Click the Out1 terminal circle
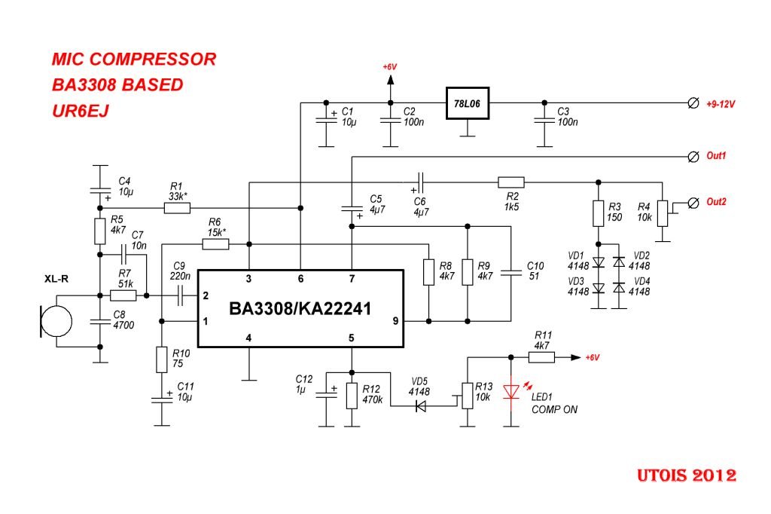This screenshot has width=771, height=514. coord(694,156)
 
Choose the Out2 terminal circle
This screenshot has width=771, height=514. coord(694,202)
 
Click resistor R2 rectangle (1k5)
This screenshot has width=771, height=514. coord(511,182)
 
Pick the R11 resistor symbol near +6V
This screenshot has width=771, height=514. coord(541,357)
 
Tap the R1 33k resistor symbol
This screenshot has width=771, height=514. coord(177,207)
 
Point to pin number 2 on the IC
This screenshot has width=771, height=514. coord(206,296)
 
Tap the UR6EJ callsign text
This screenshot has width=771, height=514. coord(81,110)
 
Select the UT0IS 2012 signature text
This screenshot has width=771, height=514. coord(684,476)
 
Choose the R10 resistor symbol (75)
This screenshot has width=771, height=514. coord(161,359)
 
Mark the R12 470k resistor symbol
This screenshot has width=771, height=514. coord(351,396)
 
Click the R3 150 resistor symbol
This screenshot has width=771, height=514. coord(599,214)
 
